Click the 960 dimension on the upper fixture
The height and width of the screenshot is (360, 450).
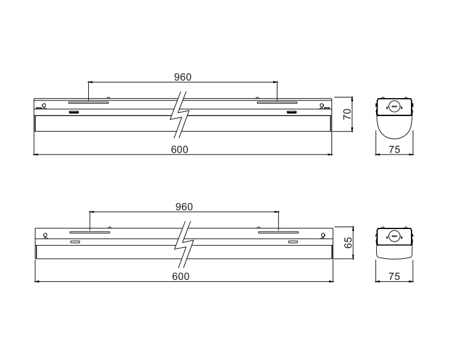point(182,77)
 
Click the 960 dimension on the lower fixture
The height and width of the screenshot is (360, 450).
point(184,207)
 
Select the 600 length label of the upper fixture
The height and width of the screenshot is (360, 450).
point(179,150)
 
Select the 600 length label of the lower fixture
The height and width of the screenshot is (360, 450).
point(181,276)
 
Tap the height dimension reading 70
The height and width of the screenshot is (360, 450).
point(347,114)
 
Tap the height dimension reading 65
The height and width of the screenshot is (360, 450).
point(348,243)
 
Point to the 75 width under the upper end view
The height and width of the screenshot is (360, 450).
point(394,150)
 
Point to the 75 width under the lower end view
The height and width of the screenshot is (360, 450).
point(394,276)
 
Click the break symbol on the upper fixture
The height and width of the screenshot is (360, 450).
point(180,115)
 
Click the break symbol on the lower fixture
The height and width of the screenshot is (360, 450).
point(184,245)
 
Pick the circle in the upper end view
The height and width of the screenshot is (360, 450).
point(394,107)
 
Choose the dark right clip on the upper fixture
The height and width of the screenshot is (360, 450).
point(292,112)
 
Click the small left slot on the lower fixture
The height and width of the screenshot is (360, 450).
point(75,241)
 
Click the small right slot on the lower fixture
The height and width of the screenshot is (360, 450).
point(293,241)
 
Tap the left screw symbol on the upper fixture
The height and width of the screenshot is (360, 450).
point(44,106)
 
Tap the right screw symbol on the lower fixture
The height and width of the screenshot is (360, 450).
point(323,236)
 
